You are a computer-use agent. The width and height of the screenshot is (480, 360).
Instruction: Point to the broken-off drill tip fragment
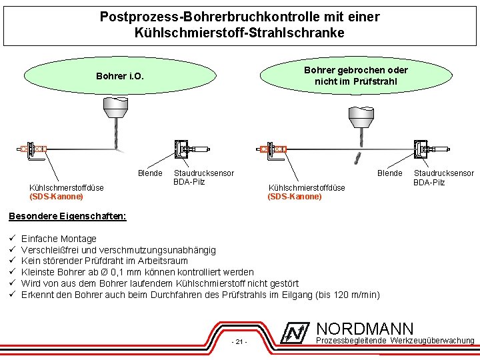coord(357,157)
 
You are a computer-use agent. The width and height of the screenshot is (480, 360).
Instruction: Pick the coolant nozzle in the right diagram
coord(273,149)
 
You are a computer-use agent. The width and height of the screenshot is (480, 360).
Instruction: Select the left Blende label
coord(150,173)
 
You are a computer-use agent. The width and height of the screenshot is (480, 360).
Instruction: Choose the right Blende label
coord(390,173)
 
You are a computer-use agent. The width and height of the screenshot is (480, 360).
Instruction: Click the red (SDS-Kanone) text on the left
coord(57,197)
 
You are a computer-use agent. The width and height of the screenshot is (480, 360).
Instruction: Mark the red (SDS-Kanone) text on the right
coord(295,197)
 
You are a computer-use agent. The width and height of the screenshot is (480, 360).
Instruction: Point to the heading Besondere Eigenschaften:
coord(67,216)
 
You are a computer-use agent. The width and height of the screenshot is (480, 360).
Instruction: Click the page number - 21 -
coord(238,342)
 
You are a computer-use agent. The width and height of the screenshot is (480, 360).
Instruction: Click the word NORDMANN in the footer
coord(365,329)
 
